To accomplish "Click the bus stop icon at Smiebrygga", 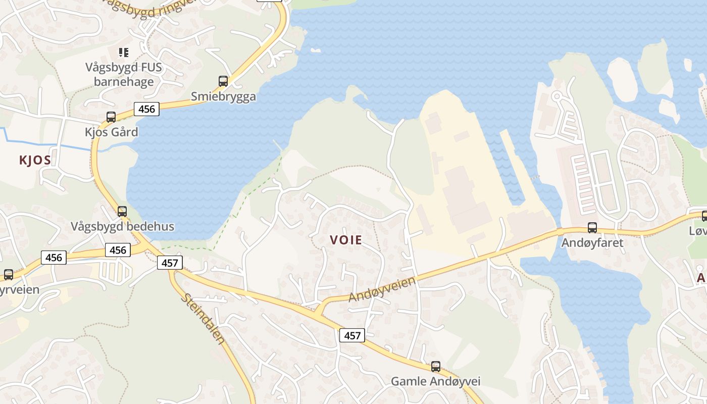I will point(223,81).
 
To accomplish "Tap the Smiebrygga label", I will point(223,96).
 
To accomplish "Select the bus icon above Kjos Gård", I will point(111,117).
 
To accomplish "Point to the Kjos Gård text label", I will point(111,132).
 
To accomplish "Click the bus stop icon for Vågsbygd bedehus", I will point(122,211).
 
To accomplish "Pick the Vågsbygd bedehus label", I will point(122,226).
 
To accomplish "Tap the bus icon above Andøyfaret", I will point(592,228).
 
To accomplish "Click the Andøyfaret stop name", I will point(592,243).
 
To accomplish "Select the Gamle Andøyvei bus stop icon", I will point(436,366).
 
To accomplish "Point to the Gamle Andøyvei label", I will point(436,381).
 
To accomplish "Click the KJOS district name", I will point(35,161).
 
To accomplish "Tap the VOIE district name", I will point(346,240).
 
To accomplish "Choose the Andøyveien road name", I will point(383,289).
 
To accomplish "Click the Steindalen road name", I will point(203,319).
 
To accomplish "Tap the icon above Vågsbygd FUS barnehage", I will point(124,52).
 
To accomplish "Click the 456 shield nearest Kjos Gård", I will point(146,109).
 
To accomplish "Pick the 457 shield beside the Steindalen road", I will point(170,263).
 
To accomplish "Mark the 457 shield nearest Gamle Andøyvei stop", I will point(352,335).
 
